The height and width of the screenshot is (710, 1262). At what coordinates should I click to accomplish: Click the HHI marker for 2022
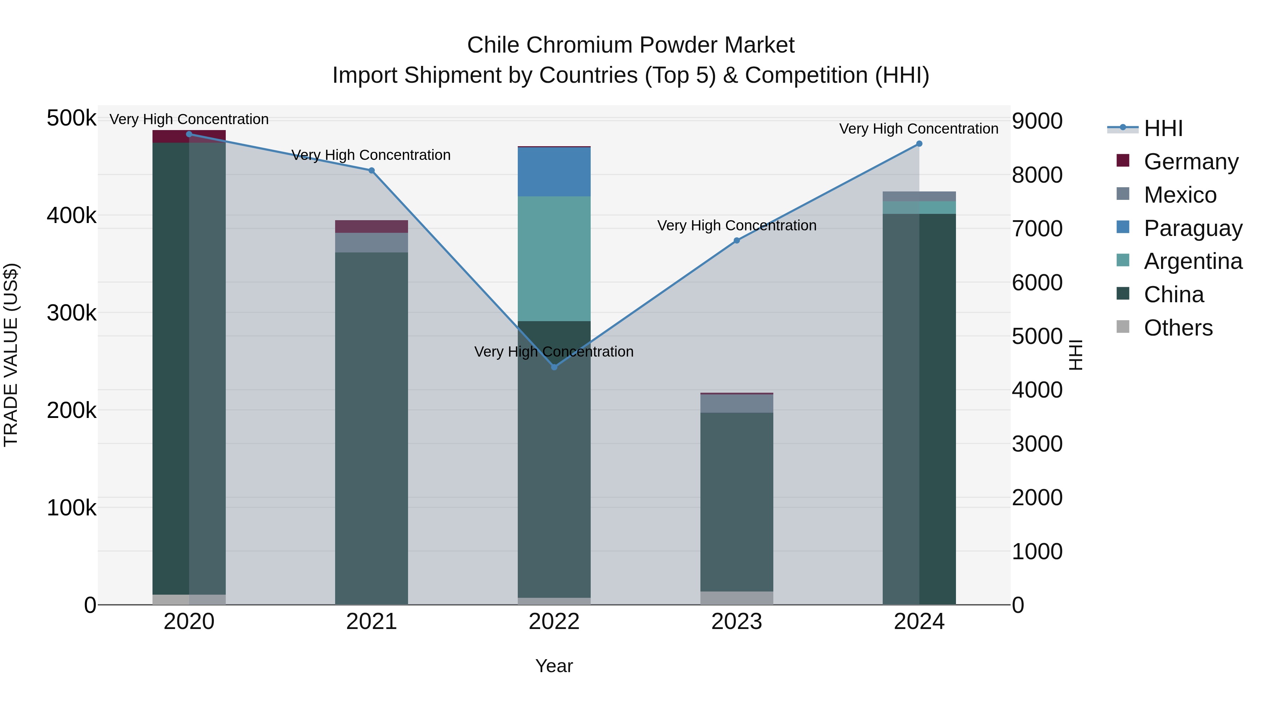tap(554, 367)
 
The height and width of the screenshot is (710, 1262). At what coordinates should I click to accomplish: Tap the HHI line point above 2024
tap(919, 144)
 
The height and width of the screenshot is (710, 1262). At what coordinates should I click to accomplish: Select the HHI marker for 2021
tap(371, 170)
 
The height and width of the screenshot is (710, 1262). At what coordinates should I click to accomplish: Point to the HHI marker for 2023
tap(736, 241)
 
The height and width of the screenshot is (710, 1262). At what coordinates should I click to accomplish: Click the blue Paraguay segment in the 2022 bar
tap(554, 172)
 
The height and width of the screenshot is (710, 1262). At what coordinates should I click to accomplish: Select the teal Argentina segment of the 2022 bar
tap(554, 259)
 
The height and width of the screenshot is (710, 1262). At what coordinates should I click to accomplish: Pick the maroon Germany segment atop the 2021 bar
tap(371, 226)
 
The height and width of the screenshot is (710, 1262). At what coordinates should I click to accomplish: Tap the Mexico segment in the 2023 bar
tap(736, 403)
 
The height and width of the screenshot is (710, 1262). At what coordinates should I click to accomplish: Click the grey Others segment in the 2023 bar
tap(736, 598)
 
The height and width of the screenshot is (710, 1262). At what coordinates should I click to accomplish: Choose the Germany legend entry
tap(1191, 162)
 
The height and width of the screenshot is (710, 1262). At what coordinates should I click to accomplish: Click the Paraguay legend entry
tap(1193, 228)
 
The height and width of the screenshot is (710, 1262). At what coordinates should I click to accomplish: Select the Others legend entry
tap(1178, 328)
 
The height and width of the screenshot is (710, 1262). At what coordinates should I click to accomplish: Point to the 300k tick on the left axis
tap(72, 313)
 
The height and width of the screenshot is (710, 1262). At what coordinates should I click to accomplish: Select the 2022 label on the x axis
tap(554, 622)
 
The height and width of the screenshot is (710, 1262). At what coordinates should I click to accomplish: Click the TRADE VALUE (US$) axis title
tap(11, 355)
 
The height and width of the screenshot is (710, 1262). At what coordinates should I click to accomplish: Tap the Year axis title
tap(554, 666)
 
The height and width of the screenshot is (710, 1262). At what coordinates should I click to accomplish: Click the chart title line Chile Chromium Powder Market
tap(631, 45)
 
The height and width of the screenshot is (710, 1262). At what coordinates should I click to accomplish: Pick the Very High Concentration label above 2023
tap(736, 225)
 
